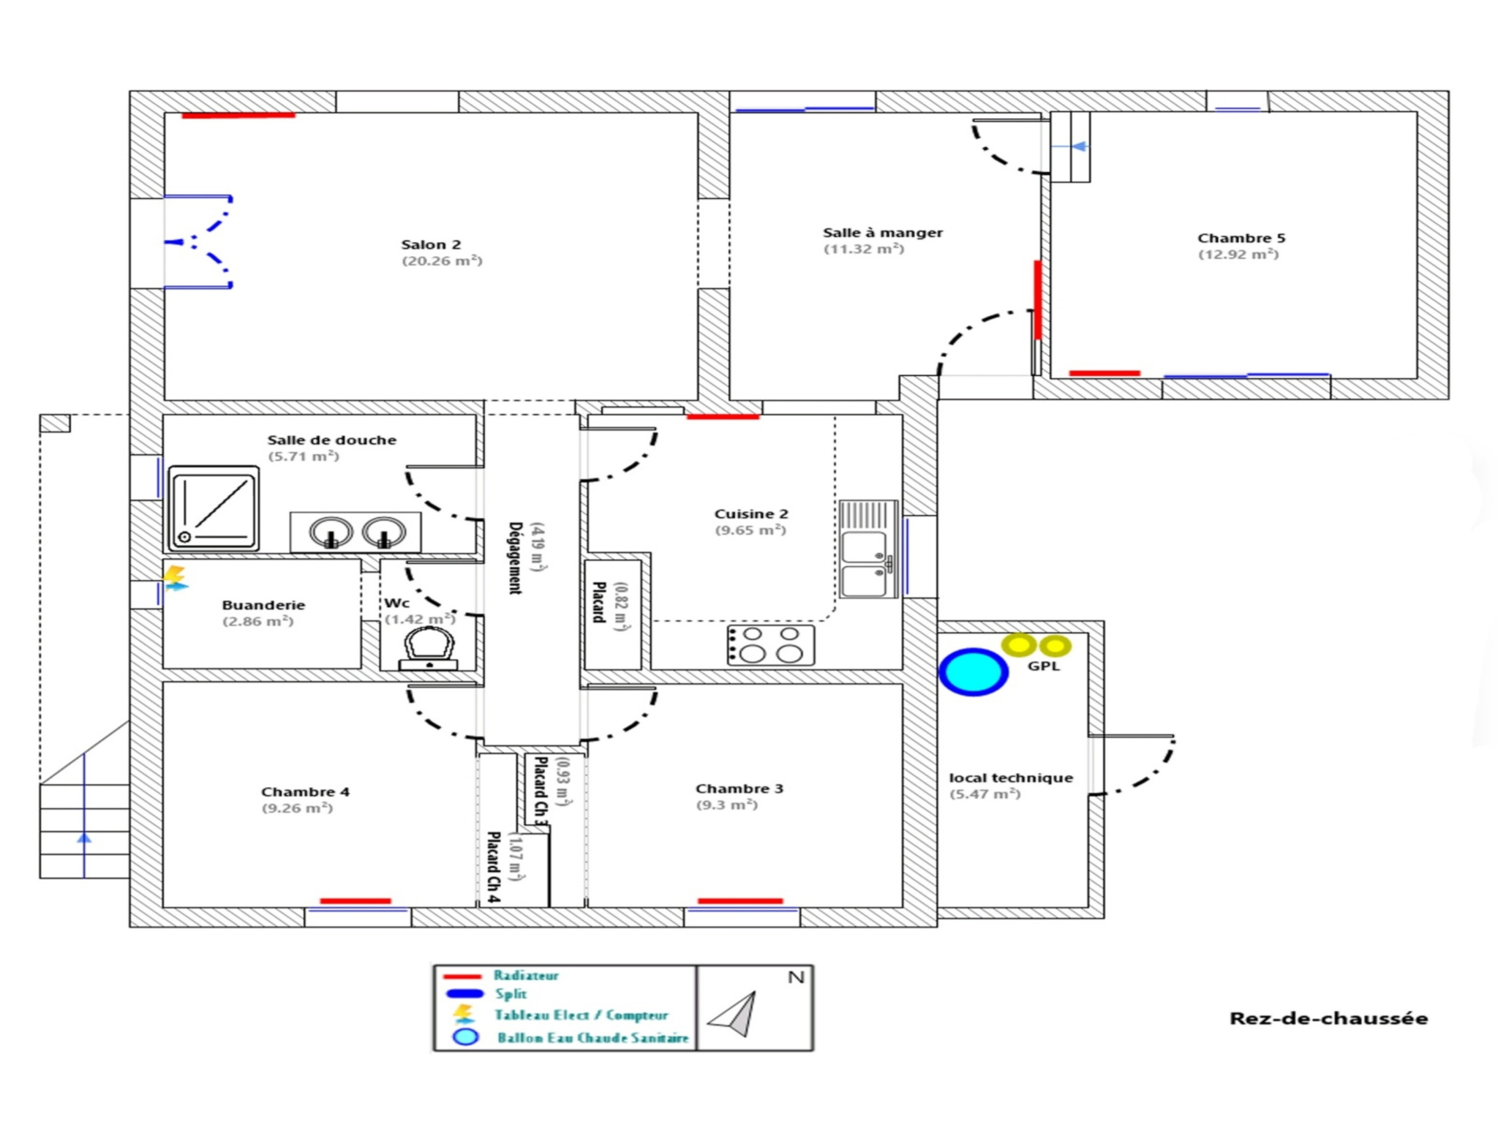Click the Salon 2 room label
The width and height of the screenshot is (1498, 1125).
coord(431,245)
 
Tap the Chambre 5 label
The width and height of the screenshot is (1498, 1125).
coord(1241,238)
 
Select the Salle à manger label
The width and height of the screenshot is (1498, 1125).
coord(882,233)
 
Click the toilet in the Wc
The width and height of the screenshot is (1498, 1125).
coord(429,648)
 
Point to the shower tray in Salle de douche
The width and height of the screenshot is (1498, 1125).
coord(214,508)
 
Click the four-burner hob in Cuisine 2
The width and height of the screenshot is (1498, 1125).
coord(771,644)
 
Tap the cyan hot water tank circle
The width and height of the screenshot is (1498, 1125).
coord(974,671)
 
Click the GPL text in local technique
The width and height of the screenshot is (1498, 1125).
coord(1043,666)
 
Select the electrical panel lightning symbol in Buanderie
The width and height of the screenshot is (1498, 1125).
coord(175,577)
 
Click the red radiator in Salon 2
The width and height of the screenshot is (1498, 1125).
coord(238,115)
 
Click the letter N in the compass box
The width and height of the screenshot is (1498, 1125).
coord(796,977)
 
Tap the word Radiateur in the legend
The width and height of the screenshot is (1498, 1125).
coord(526,975)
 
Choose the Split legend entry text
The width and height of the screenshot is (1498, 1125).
coord(511,994)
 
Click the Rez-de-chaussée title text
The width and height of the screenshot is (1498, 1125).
coord(1328,1018)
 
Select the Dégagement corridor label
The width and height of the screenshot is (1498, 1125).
coord(516,557)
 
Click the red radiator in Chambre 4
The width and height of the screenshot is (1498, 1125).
coord(355,900)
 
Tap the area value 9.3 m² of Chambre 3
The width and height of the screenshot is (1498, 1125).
coord(726,805)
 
